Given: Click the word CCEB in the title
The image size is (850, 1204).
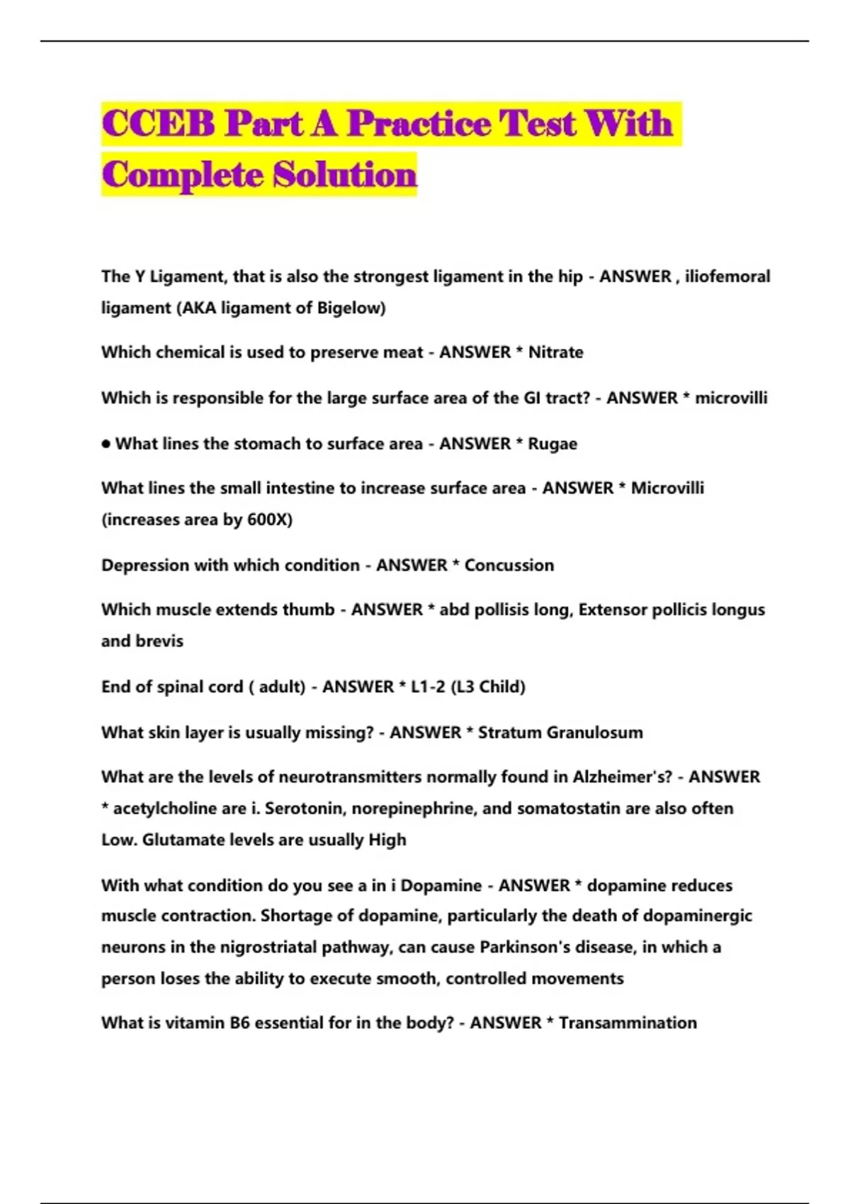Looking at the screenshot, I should point(158,123).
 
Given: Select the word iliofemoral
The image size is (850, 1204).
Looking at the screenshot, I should point(727,276).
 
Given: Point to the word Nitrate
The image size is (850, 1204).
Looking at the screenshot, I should point(556,352).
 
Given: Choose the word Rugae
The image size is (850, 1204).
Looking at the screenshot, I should point(552,443).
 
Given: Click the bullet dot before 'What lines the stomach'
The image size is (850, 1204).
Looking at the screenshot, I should point(106,444).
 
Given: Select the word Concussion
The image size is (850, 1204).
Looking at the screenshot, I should point(509,565).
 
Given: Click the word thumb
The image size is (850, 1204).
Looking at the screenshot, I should point(308,610).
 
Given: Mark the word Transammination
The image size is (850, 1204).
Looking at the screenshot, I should point(628,1023).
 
